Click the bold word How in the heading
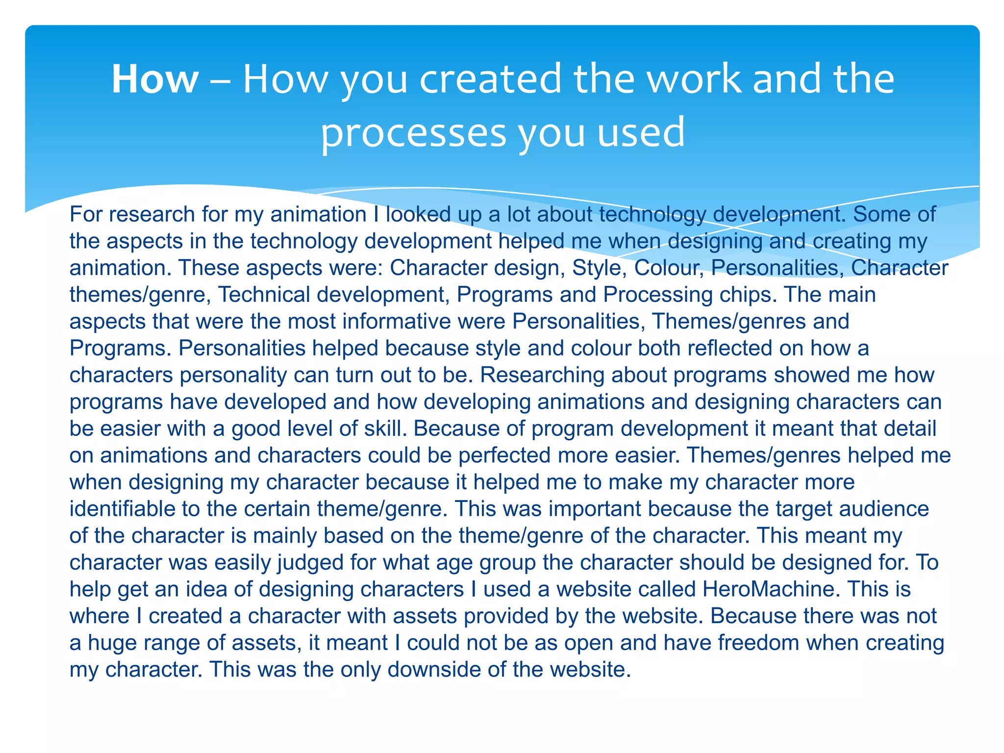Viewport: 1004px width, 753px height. pyautogui.click(x=155, y=79)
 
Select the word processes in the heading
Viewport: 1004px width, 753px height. pyautogui.click(x=413, y=133)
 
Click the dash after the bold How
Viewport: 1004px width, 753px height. pyautogui.click(x=221, y=81)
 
